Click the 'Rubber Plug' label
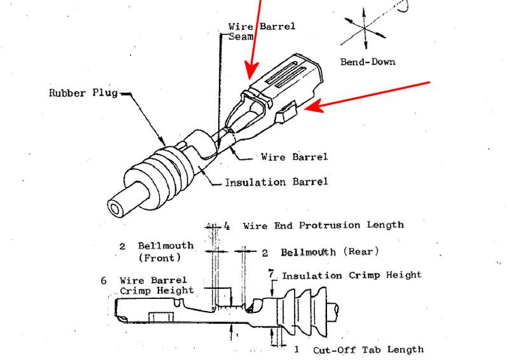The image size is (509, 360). point(83,93)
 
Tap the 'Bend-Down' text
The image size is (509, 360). point(368,62)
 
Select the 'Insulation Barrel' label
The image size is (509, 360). point(276,183)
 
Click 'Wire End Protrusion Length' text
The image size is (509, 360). point(323,225)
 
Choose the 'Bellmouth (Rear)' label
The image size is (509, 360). point(330,252)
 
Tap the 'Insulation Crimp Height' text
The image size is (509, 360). point(352,275)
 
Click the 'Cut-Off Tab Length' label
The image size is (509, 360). point(368,350)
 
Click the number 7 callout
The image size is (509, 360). point(272,273)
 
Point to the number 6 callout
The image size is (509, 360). point(103,280)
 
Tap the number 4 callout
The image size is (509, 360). point(227,226)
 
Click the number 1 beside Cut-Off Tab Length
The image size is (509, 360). point(296,349)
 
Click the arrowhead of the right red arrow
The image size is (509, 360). point(312,108)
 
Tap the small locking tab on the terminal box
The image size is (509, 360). point(288,113)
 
